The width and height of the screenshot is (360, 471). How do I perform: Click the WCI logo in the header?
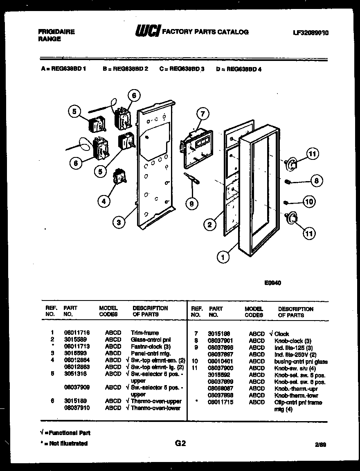click(148, 31)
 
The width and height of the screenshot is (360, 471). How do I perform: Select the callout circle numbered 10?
click(310, 201)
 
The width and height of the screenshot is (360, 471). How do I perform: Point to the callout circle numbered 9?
click(191, 203)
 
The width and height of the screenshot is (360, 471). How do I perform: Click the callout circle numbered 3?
click(119, 222)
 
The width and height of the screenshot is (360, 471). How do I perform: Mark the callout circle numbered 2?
click(210, 224)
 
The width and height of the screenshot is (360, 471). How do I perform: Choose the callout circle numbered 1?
click(223, 258)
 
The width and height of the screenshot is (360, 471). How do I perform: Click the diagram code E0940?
click(272, 282)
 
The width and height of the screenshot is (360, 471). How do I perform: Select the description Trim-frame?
click(144, 333)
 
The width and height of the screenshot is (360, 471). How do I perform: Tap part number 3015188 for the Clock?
click(219, 334)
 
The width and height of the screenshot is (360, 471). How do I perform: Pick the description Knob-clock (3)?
click(292, 341)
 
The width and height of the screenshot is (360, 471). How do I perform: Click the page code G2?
click(180, 443)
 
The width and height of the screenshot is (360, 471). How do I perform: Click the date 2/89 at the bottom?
click(321, 444)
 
